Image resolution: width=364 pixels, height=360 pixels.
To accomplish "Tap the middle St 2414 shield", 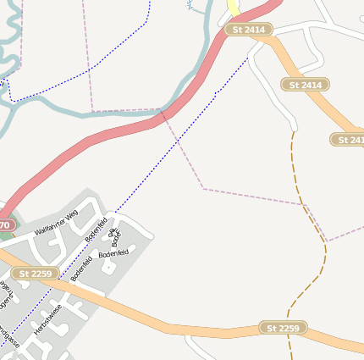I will pos(305,85).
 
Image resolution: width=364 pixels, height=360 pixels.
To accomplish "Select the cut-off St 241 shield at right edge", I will pos(349,140).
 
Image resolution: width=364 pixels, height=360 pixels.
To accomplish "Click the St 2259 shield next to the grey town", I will pos(36,274).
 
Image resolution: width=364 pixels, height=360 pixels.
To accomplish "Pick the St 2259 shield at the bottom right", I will pos(283,328).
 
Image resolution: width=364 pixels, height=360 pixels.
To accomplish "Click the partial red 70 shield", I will pos(6,225).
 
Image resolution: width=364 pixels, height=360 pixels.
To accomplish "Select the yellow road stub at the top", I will pos(233,8).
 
